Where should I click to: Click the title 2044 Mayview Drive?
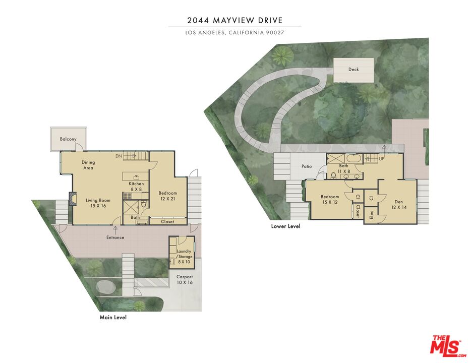coord(235,21)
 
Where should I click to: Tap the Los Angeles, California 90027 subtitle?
coord(235,33)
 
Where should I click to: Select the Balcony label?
coord(68,139)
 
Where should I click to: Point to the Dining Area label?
coord(88,165)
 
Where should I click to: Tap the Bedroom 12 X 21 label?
coord(168,196)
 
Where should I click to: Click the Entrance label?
coord(115,237)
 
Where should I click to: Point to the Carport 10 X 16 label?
coord(184,279)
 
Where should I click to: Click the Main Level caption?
coord(113,318)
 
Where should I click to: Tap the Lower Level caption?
coord(285,226)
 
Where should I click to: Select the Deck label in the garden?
coord(354,70)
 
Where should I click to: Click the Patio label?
coord(307,166)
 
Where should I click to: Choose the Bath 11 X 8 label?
coord(344,168)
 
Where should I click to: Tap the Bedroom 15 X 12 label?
coord(330,199)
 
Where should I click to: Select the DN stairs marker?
coord(119,156)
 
